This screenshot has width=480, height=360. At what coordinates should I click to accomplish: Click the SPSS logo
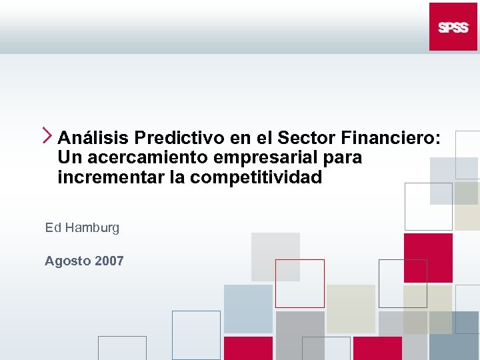coord(453,27)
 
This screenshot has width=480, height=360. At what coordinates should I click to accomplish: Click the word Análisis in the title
coord(93,138)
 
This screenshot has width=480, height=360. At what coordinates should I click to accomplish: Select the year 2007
coord(109,261)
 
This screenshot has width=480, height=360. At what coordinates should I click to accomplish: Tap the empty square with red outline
coord(299,283)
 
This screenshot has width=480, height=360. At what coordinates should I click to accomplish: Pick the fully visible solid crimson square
coord(428,257)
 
